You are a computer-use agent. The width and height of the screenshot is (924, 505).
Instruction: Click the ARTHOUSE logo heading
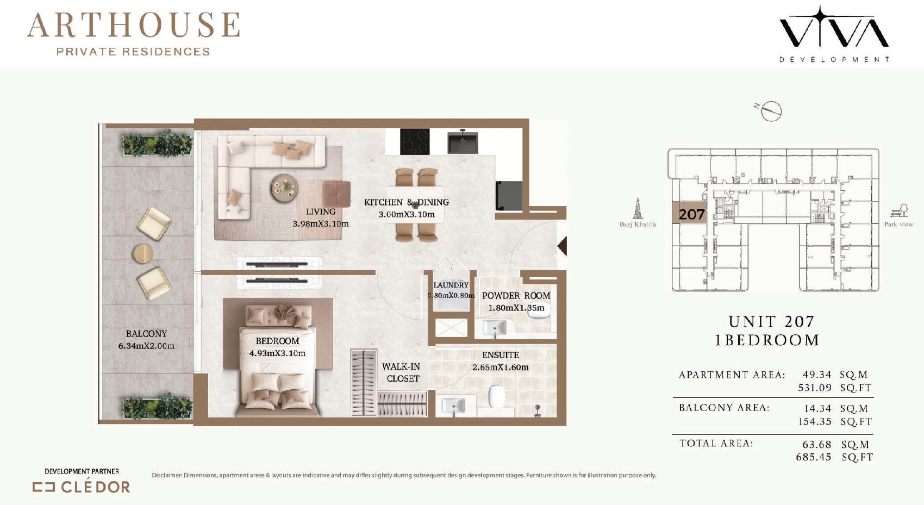tap(134, 25)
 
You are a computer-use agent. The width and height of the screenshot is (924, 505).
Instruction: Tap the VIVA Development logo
tap(834, 34)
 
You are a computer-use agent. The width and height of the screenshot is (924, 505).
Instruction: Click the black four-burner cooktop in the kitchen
tap(415, 141)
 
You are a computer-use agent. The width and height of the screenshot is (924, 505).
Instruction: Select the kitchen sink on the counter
tap(463, 142)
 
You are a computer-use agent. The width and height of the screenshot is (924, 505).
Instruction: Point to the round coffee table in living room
tap(285, 188)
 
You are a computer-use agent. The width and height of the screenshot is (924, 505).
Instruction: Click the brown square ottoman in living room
tap(336, 194)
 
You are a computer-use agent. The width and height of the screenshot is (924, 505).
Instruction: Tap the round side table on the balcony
tap(143, 253)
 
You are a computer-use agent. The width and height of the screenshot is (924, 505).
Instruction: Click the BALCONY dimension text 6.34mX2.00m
tap(146, 346)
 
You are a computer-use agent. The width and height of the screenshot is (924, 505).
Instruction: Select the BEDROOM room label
tap(277, 341)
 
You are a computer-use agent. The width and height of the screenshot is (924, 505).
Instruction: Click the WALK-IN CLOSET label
tap(401, 372)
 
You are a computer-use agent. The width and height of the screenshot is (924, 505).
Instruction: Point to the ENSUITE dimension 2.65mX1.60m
tap(501, 367)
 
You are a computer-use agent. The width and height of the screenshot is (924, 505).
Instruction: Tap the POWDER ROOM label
tap(516, 295)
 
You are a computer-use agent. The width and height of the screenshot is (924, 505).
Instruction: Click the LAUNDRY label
tap(451, 285)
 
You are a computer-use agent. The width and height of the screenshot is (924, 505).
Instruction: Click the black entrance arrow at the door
tap(562, 246)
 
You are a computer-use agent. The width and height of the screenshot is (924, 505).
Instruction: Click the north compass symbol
tap(770, 110)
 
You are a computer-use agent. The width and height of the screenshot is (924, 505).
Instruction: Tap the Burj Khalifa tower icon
tap(638, 208)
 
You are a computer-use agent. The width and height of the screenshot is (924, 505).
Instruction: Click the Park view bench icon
tap(899, 210)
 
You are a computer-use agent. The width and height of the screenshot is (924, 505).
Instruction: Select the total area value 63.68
tap(817, 444)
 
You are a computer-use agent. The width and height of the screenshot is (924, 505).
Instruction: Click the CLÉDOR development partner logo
tap(82, 487)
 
